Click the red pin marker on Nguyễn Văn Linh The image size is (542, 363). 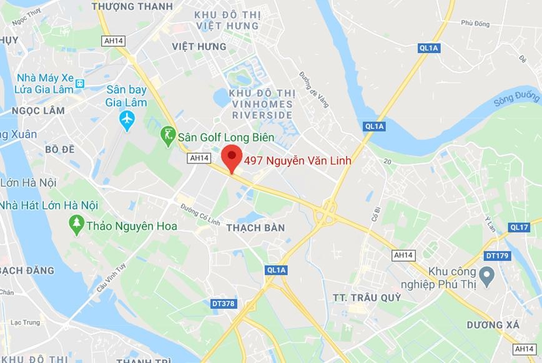pyautogui.click(x=232, y=157)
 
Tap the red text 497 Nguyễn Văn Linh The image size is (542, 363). pyautogui.click(x=297, y=161)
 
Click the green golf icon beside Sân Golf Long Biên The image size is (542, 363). pyautogui.click(x=167, y=135)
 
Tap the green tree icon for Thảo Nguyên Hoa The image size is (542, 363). pyautogui.click(x=77, y=225)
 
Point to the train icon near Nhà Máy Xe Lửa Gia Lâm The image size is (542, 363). pyautogui.click(x=79, y=83)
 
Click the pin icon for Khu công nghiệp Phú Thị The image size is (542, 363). pyautogui.click(x=487, y=273)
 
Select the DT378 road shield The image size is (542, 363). pyautogui.click(x=224, y=304)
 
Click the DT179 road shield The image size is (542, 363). pyautogui.click(x=497, y=256)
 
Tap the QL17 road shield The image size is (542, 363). pyautogui.click(x=519, y=227)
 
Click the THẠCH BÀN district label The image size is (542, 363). pyautogui.click(x=255, y=228)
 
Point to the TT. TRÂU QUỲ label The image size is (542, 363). pyautogui.click(x=367, y=297)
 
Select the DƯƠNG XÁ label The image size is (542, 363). pyautogui.click(x=493, y=325)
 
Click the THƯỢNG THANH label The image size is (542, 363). pyautogui.click(x=132, y=6)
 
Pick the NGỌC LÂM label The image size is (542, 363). pyautogui.click(x=38, y=110)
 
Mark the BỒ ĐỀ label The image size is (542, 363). pyautogui.click(x=60, y=150)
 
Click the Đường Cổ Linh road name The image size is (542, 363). pyautogui.click(x=200, y=214)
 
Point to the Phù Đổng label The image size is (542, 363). pyautogui.click(x=475, y=23)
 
